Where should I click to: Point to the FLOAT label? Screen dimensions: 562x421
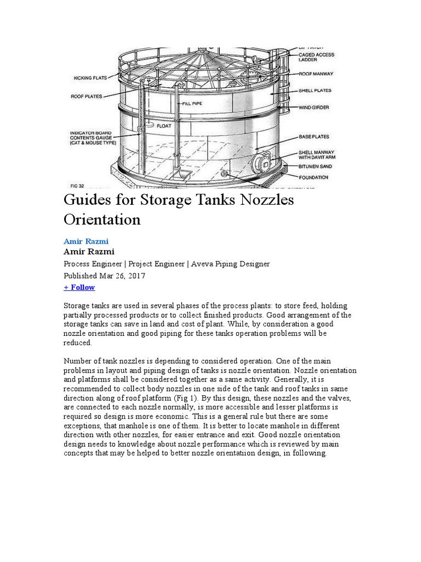[x=165, y=126]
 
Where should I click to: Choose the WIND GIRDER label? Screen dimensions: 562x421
[x=314, y=108]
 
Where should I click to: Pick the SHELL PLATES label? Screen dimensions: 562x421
[x=315, y=91]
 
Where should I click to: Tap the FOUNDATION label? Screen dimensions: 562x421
[x=314, y=177]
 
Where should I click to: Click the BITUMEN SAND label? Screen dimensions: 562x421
[x=314, y=166]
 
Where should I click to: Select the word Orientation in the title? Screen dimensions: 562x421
[x=103, y=220]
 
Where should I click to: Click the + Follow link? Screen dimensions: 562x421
[x=79, y=287]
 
